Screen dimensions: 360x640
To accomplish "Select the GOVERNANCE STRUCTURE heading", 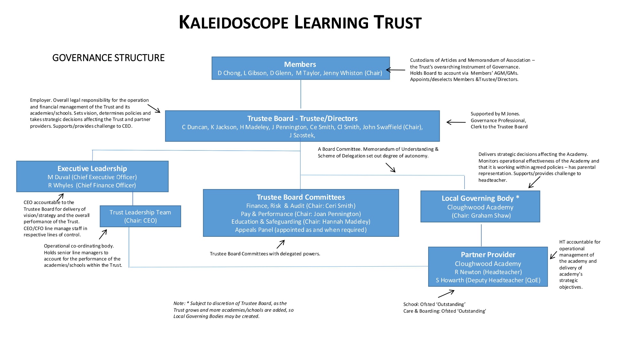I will [108, 58].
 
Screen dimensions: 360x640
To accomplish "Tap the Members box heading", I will [300, 64].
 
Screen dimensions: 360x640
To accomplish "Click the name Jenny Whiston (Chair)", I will [352, 73].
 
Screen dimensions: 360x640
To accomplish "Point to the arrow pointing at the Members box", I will [396, 70].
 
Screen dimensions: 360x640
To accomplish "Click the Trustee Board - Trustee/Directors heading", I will [302, 118].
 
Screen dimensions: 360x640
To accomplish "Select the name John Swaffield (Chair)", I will [392, 127].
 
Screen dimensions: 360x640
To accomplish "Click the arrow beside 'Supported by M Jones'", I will [456, 122].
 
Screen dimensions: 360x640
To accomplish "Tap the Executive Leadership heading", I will [92, 168].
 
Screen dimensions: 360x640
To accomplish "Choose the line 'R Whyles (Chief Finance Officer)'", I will [92, 185].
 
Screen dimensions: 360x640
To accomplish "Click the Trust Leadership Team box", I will [140, 216].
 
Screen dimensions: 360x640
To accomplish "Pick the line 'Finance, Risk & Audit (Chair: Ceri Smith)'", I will [300, 206].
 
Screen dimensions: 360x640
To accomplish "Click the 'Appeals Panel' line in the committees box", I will [300, 230].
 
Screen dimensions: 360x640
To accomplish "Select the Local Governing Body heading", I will [480, 198].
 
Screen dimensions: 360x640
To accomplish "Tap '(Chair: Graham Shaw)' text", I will [481, 216].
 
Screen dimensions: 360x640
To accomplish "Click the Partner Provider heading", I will [488, 255].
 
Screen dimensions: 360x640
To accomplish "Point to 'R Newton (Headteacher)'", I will [488, 272].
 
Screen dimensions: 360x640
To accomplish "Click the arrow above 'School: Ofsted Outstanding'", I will [446, 293].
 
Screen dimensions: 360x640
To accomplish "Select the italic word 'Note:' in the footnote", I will [179, 303].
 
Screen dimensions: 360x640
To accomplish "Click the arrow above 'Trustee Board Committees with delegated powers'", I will [281, 244].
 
